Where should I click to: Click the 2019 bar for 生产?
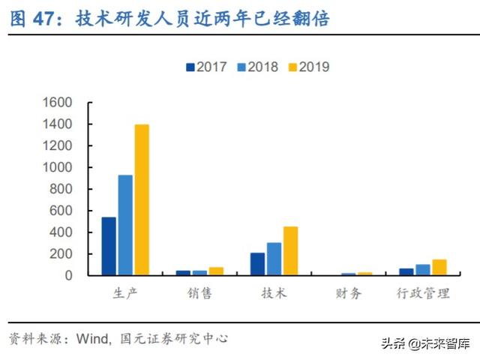tap(142, 200)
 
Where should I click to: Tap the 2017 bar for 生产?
tap(109, 246)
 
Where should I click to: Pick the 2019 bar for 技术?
tap(290, 250)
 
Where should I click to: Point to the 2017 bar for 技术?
tap(257, 264)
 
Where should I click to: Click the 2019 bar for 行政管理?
tap(439, 268)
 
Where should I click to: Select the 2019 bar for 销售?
tap(216, 271)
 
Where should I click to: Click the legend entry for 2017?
tap(206, 67)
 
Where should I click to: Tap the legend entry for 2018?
tap(257, 67)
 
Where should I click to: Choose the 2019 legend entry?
tap(307, 67)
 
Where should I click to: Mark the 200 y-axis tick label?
tap(61, 254)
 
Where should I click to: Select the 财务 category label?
tap(349, 292)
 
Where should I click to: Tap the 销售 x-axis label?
tap(199, 292)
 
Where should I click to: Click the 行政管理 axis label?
tap(423, 292)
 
